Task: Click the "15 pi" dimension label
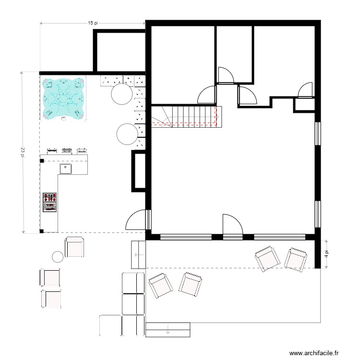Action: tap(93, 23)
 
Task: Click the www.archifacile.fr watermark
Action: tap(317, 352)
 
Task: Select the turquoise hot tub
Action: tap(63, 98)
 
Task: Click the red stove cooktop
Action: tap(49, 202)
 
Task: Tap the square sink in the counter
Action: tap(65, 168)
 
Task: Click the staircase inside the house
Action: tap(185, 116)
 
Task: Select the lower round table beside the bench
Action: tap(127, 134)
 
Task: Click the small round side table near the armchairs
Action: tap(58, 257)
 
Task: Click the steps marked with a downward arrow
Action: tap(168, 330)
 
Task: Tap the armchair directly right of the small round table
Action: tap(75, 247)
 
